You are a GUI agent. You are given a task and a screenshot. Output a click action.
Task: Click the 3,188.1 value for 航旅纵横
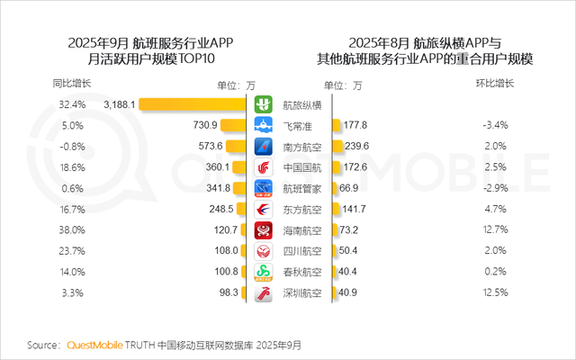(x=120, y=104)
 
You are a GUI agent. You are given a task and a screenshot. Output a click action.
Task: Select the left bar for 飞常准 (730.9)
(x=235, y=125)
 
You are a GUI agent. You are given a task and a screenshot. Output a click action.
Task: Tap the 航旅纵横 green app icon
(x=264, y=104)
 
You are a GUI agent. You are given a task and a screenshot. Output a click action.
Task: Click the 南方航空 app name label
(x=301, y=146)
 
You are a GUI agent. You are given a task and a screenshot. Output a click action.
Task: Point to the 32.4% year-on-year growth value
(x=71, y=104)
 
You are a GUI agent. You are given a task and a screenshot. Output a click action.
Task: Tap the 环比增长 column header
(x=495, y=84)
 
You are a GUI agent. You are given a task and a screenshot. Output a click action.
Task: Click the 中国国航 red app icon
(x=264, y=167)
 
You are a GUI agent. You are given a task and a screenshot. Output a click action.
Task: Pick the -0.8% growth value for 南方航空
(x=71, y=146)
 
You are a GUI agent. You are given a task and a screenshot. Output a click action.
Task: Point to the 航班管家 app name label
(x=301, y=188)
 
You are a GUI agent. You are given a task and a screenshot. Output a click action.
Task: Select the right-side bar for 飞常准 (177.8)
(x=336, y=125)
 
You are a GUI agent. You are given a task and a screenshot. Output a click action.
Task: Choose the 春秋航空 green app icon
(x=264, y=272)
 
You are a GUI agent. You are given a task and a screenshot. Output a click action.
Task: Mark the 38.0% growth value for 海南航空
(x=71, y=229)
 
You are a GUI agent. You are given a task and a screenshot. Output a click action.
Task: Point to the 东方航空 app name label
(x=301, y=209)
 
